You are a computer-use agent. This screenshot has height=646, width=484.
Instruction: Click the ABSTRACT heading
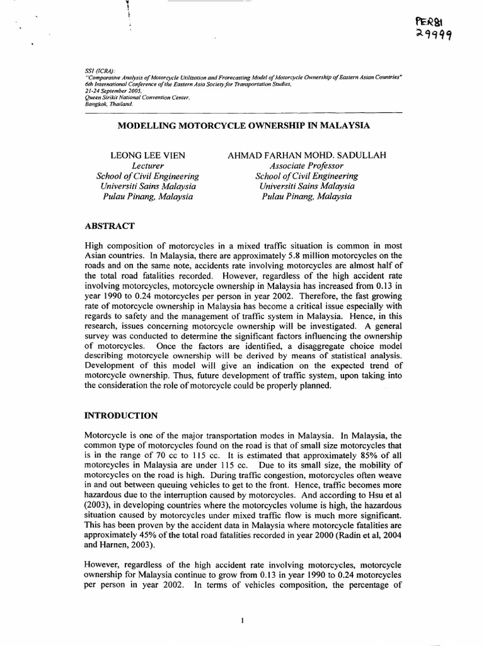click(x=109, y=226)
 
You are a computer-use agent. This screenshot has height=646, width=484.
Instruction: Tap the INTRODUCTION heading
click(x=122, y=416)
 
